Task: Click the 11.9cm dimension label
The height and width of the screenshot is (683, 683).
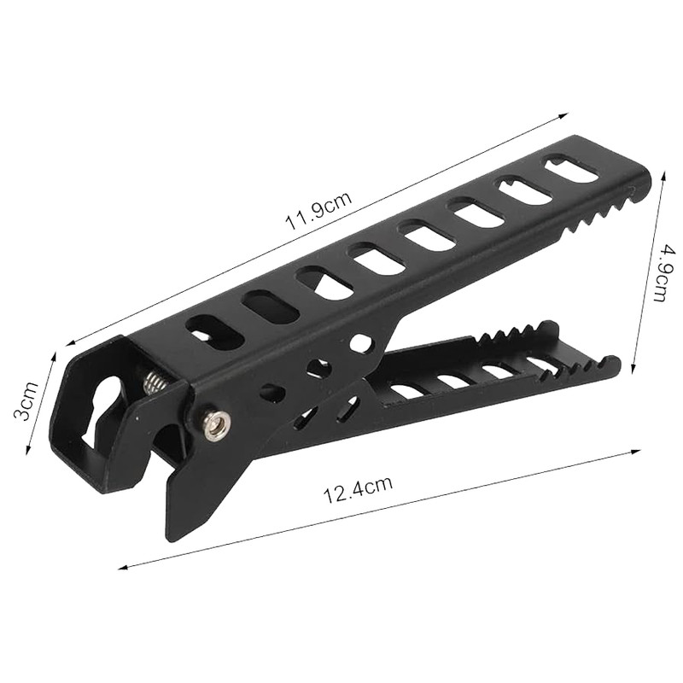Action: tap(318, 211)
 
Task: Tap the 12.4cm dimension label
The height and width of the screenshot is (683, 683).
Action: tap(357, 489)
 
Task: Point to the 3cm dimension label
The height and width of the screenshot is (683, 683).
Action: tap(26, 400)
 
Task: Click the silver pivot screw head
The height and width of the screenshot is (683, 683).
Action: tap(214, 422)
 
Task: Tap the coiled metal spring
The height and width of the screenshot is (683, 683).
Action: tap(155, 382)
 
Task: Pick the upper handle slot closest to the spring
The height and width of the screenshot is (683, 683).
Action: tap(215, 333)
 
